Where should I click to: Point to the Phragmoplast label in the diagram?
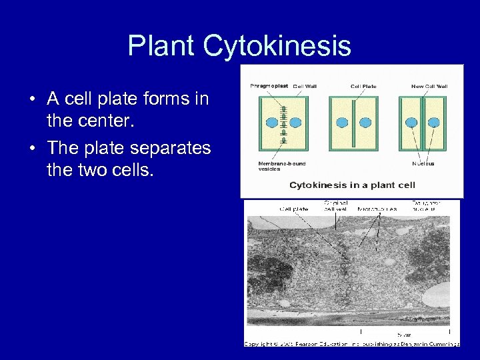[268, 86]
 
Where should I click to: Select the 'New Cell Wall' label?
[429, 86]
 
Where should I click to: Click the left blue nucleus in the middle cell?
[343, 123]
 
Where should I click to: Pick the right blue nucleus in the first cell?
[295, 123]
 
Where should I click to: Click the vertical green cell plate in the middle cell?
[354, 123]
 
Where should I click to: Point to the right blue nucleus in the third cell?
[433, 123]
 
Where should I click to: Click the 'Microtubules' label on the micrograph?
[377, 209]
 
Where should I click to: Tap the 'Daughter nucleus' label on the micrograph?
[426, 206]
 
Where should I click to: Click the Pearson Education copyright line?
[351, 343]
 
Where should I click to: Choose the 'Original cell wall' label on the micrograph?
[335, 206]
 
